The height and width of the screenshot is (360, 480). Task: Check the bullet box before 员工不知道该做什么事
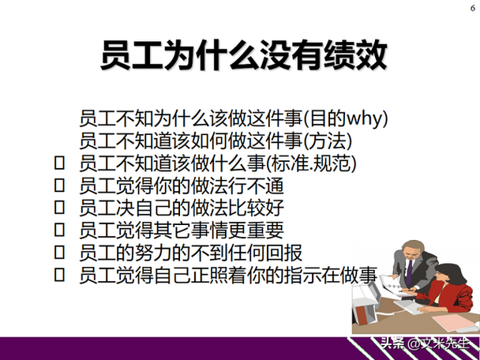pyautogui.click(x=58, y=164)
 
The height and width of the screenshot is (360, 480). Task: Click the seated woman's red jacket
pyautogui.click(x=451, y=301)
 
